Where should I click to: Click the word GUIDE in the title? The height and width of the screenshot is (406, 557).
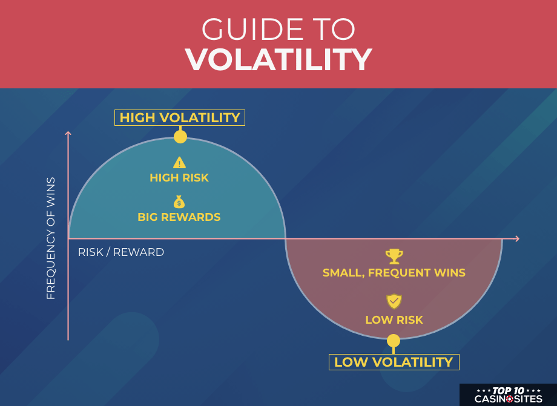click(x=252, y=29)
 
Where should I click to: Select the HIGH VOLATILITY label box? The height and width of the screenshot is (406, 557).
click(x=180, y=117)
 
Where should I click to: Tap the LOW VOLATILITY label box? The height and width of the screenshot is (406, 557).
click(x=394, y=362)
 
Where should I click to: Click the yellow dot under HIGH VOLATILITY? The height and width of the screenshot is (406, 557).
click(x=180, y=137)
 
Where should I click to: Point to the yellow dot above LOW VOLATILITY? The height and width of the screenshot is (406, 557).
click(x=394, y=341)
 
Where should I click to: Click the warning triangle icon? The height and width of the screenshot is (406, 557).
click(x=179, y=163)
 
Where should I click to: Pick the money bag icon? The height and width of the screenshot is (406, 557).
click(x=179, y=202)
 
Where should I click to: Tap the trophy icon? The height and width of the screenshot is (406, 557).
click(x=394, y=256)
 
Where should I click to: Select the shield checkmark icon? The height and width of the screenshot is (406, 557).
click(x=394, y=302)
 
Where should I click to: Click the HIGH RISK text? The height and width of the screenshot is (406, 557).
click(x=179, y=178)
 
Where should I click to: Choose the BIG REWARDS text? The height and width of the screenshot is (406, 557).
click(x=179, y=217)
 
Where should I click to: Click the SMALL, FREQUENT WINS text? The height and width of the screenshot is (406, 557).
click(x=394, y=273)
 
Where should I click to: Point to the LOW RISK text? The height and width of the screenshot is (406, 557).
click(x=394, y=320)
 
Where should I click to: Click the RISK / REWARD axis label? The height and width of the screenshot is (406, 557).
click(x=121, y=252)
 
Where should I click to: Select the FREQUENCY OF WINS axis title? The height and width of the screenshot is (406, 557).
click(x=51, y=238)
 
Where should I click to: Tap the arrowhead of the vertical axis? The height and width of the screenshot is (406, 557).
click(x=68, y=133)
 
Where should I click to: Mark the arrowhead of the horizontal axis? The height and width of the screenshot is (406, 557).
click(x=517, y=238)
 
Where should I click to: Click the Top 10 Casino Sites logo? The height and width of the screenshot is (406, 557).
click(x=509, y=395)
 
